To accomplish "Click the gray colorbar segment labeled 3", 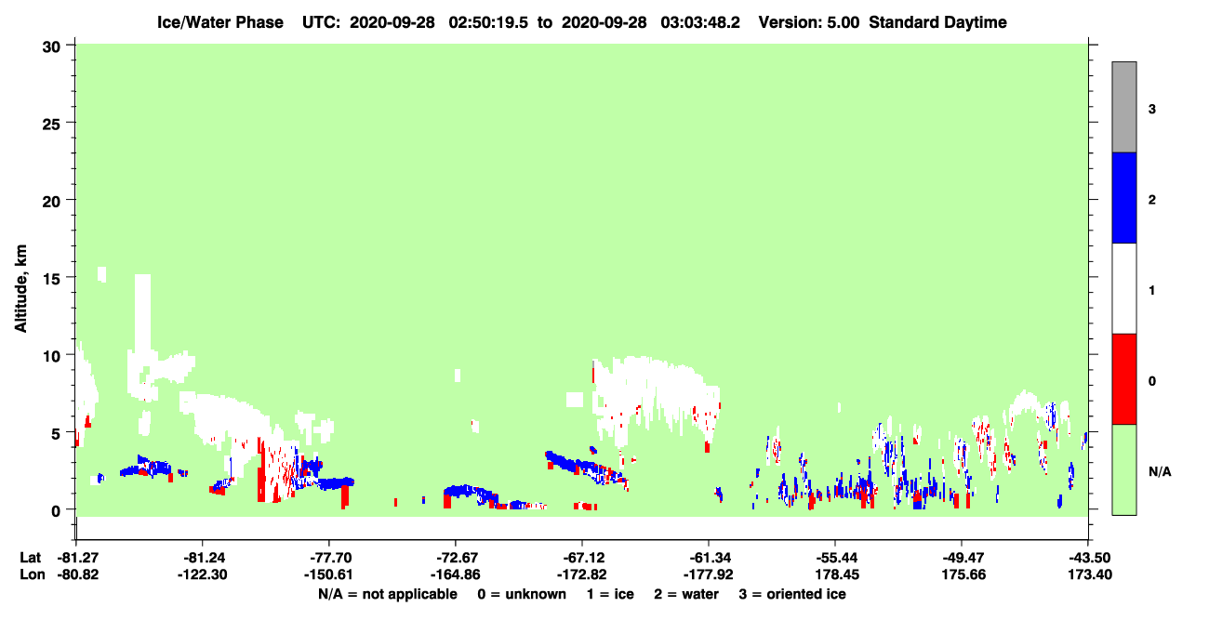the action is (1123, 107).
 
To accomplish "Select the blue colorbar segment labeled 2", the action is (1123, 197).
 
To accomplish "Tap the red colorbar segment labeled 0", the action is (1123, 379).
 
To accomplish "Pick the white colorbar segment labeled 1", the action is (1123, 288).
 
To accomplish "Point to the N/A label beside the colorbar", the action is (1160, 471).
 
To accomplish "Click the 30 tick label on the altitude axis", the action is (51, 47).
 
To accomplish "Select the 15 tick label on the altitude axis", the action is (51, 279).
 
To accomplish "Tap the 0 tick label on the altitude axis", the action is (56, 510).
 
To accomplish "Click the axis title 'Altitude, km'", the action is (20, 289).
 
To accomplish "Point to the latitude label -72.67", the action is (455, 558).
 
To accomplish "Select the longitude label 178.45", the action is (837, 574).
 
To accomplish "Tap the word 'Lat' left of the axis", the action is (30, 558).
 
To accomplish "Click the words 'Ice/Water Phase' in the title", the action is (220, 22).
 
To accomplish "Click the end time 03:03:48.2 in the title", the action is (700, 22).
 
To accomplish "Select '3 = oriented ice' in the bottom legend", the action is (792, 594).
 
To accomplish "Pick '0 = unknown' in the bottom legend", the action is (522, 594).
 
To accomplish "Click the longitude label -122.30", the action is (203, 574).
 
